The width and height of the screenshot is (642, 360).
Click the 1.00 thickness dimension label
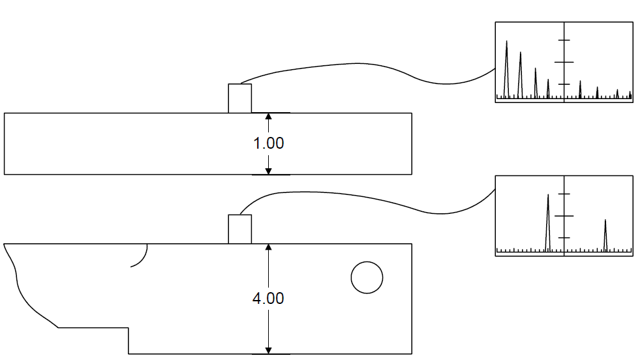(x=269, y=143)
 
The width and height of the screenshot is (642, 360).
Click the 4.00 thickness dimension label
(x=268, y=298)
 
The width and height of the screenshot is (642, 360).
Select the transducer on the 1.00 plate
(x=240, y=98)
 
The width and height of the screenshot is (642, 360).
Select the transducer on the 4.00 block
(x=240, y=229)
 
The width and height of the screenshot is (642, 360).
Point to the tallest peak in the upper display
(x=506, y=70)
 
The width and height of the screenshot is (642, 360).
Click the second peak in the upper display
(x=521, y=75)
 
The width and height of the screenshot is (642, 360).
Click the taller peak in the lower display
(x=548, y=222)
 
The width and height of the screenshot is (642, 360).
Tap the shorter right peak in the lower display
(x=605, y=235)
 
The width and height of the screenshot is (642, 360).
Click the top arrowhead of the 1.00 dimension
(x=269, y=117)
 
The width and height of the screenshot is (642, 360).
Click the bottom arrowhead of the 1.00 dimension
(x=269, y=171)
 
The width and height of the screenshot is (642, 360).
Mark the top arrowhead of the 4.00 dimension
(x=269, y=247)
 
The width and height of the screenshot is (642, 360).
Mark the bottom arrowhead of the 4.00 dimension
(x=269, y=351)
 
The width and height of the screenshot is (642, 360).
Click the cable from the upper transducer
(x=360, y=63)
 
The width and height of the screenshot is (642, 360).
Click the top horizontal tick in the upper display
(x=564, y=40)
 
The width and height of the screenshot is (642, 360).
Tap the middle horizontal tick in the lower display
(x=564, y=216)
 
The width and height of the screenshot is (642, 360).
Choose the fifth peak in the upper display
(x=580, y=89)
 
